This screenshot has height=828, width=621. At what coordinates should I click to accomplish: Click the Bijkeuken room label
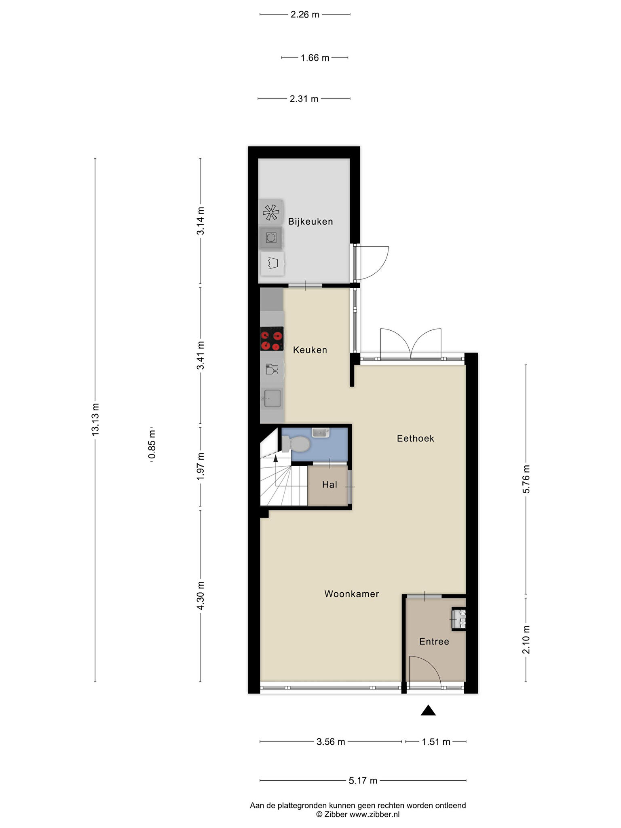point(310,222)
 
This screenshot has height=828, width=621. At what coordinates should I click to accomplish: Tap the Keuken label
point(310,350)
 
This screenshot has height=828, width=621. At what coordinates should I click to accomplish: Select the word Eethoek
point(416,439)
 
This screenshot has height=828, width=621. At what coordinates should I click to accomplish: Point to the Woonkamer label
point(352,594)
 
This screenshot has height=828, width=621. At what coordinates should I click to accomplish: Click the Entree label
point(434,642)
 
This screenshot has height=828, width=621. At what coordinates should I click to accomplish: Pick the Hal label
point(330,484)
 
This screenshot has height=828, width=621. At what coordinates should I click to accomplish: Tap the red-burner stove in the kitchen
point(272,338)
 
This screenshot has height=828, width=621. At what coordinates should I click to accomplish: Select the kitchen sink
point(272,398)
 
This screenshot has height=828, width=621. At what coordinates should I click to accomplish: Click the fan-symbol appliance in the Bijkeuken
point(270,212)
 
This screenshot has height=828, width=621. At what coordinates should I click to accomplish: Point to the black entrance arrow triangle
point(428,710)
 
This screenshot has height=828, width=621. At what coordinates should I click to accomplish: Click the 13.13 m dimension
point(95,420)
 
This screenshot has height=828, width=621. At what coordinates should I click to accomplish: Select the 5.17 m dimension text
point(363,780)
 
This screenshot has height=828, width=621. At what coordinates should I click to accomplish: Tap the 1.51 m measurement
point(436,742)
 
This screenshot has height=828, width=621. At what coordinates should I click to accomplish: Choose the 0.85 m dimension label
point(152,445)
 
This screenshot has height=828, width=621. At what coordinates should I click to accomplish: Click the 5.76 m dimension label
point(526,479)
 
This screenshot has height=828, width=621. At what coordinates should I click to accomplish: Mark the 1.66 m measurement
point(315,58)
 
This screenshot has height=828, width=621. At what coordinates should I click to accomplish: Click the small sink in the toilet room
point(321,433)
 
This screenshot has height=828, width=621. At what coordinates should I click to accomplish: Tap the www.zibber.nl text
point(374,815)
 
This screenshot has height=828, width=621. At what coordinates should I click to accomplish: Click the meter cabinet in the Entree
point(459,619)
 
